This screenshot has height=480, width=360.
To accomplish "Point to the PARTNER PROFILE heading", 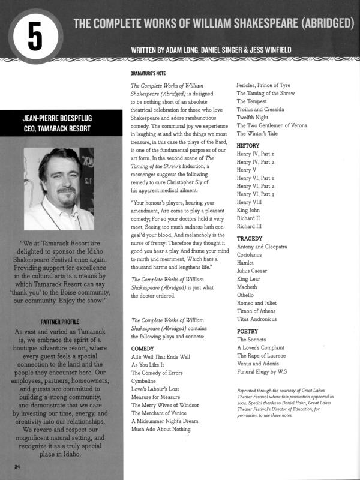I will click(x=61, y=321).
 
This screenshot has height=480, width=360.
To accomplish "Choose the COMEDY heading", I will click(x=143, y=348).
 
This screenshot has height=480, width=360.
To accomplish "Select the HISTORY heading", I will click(x=248, y=145).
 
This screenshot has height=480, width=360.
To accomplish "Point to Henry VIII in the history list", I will click(x=251, y=202).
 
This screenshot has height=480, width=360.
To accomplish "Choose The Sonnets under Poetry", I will click(x=254, y=340).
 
